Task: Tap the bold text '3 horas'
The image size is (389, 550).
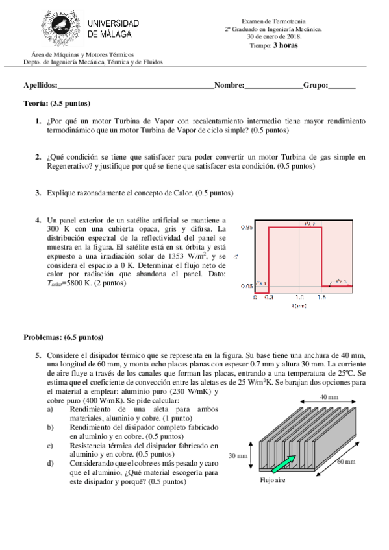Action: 286,45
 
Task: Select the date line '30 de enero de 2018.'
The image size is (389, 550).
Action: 272,36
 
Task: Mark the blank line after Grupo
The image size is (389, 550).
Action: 342,86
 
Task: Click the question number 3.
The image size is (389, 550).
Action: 38,193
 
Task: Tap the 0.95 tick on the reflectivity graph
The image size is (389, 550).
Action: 246,228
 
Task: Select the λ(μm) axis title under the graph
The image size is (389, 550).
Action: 298,305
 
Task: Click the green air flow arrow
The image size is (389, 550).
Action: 282,465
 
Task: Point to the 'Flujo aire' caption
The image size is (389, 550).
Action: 273,481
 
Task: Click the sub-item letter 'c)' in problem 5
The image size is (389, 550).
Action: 50,446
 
